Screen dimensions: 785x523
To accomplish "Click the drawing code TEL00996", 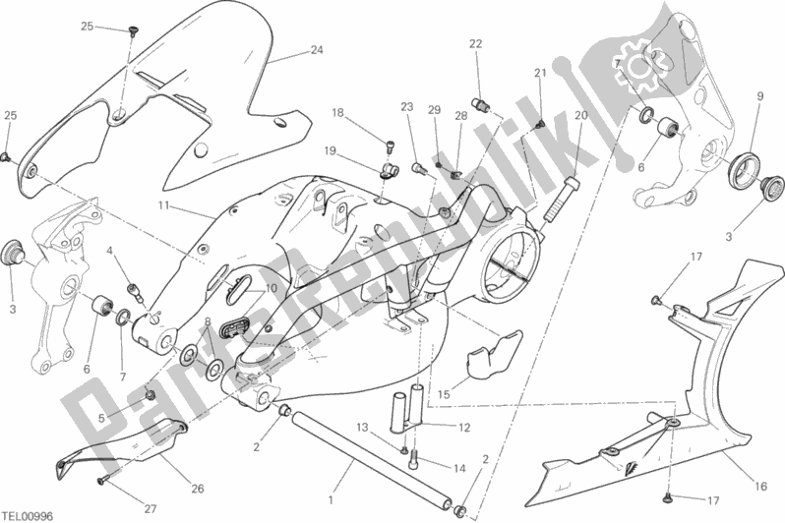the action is (x=28, y=516).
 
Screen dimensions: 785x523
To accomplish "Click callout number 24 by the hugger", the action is (x=317, y=50).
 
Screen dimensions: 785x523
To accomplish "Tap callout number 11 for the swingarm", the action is (x=162, y=205).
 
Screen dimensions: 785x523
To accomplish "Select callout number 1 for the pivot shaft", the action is (x=330, y=499).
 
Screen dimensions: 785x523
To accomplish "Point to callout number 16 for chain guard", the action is (x=760, y=486).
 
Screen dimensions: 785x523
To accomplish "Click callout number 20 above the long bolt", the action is (x=580, y=116).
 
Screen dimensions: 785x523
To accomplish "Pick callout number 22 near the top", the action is (x=475, y=44).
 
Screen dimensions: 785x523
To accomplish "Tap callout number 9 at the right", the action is (x=760, y=95).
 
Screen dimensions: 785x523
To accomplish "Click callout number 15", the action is (x=444, y=394).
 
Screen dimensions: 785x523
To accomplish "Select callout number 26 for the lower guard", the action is (x=198, y=489).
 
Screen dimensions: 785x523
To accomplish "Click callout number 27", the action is (x=151, y=509).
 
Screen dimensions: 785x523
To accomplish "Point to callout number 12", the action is (x=464, y=428).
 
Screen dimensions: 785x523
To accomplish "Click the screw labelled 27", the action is (x=101, y=481).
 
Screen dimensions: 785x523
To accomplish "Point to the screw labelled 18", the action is (x=390, y=146).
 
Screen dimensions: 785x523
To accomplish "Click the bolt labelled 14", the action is (x=413, y=456).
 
